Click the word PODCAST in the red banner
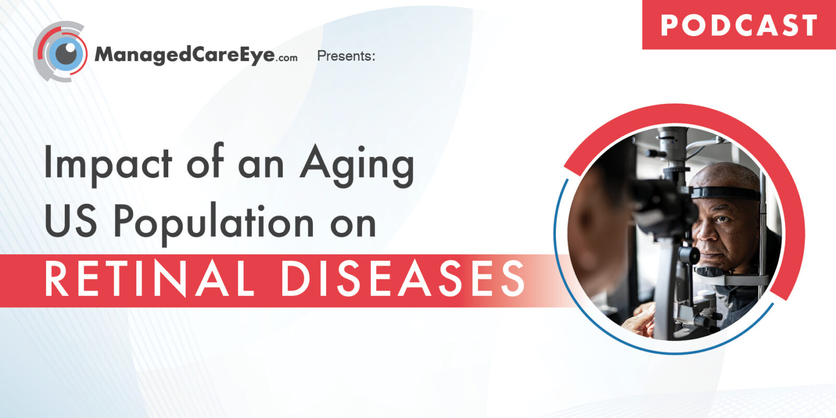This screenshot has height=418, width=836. click(x=739, y=26)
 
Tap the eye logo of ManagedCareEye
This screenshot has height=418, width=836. click(x=61, y=52)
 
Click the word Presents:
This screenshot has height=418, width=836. click(x=346, y=56)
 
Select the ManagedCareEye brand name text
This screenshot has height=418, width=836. click(x=185, y=55)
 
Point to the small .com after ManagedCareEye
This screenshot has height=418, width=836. click(x=287, y=58)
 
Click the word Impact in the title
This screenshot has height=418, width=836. click(x=108, y=164)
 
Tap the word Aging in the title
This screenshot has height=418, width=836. click(x=357, y=166)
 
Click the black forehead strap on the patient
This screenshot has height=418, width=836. click(x=726, y=193)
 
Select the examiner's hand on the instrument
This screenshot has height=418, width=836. click(x=639, y=319)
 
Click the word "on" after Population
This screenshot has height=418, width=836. click(x=353, y=225)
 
